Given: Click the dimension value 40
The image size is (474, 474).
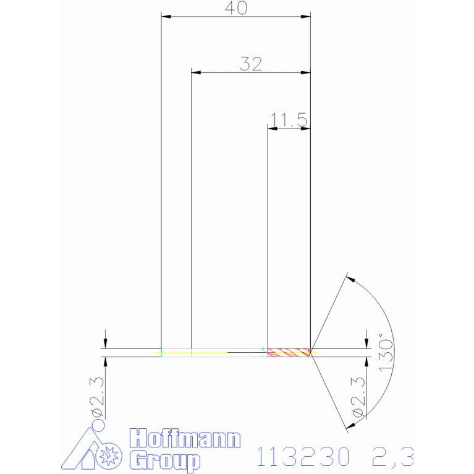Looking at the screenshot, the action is tap(236, 8).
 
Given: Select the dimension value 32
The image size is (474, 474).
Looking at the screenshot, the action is tap(251, 64).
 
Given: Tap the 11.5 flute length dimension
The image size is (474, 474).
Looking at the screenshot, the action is tap(289, 120).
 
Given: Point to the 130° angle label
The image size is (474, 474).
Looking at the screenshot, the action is tap(386, 352).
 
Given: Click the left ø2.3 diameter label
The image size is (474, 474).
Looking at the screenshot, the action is tap(97, 397).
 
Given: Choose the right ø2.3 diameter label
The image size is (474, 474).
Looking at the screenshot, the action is tap(358, 397).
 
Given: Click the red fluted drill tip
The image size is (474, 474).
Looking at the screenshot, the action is tap(289, 352).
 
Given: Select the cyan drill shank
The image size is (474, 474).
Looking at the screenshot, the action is tap(214, 352).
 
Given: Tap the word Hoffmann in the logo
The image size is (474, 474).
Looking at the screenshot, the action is tap(185, 438).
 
